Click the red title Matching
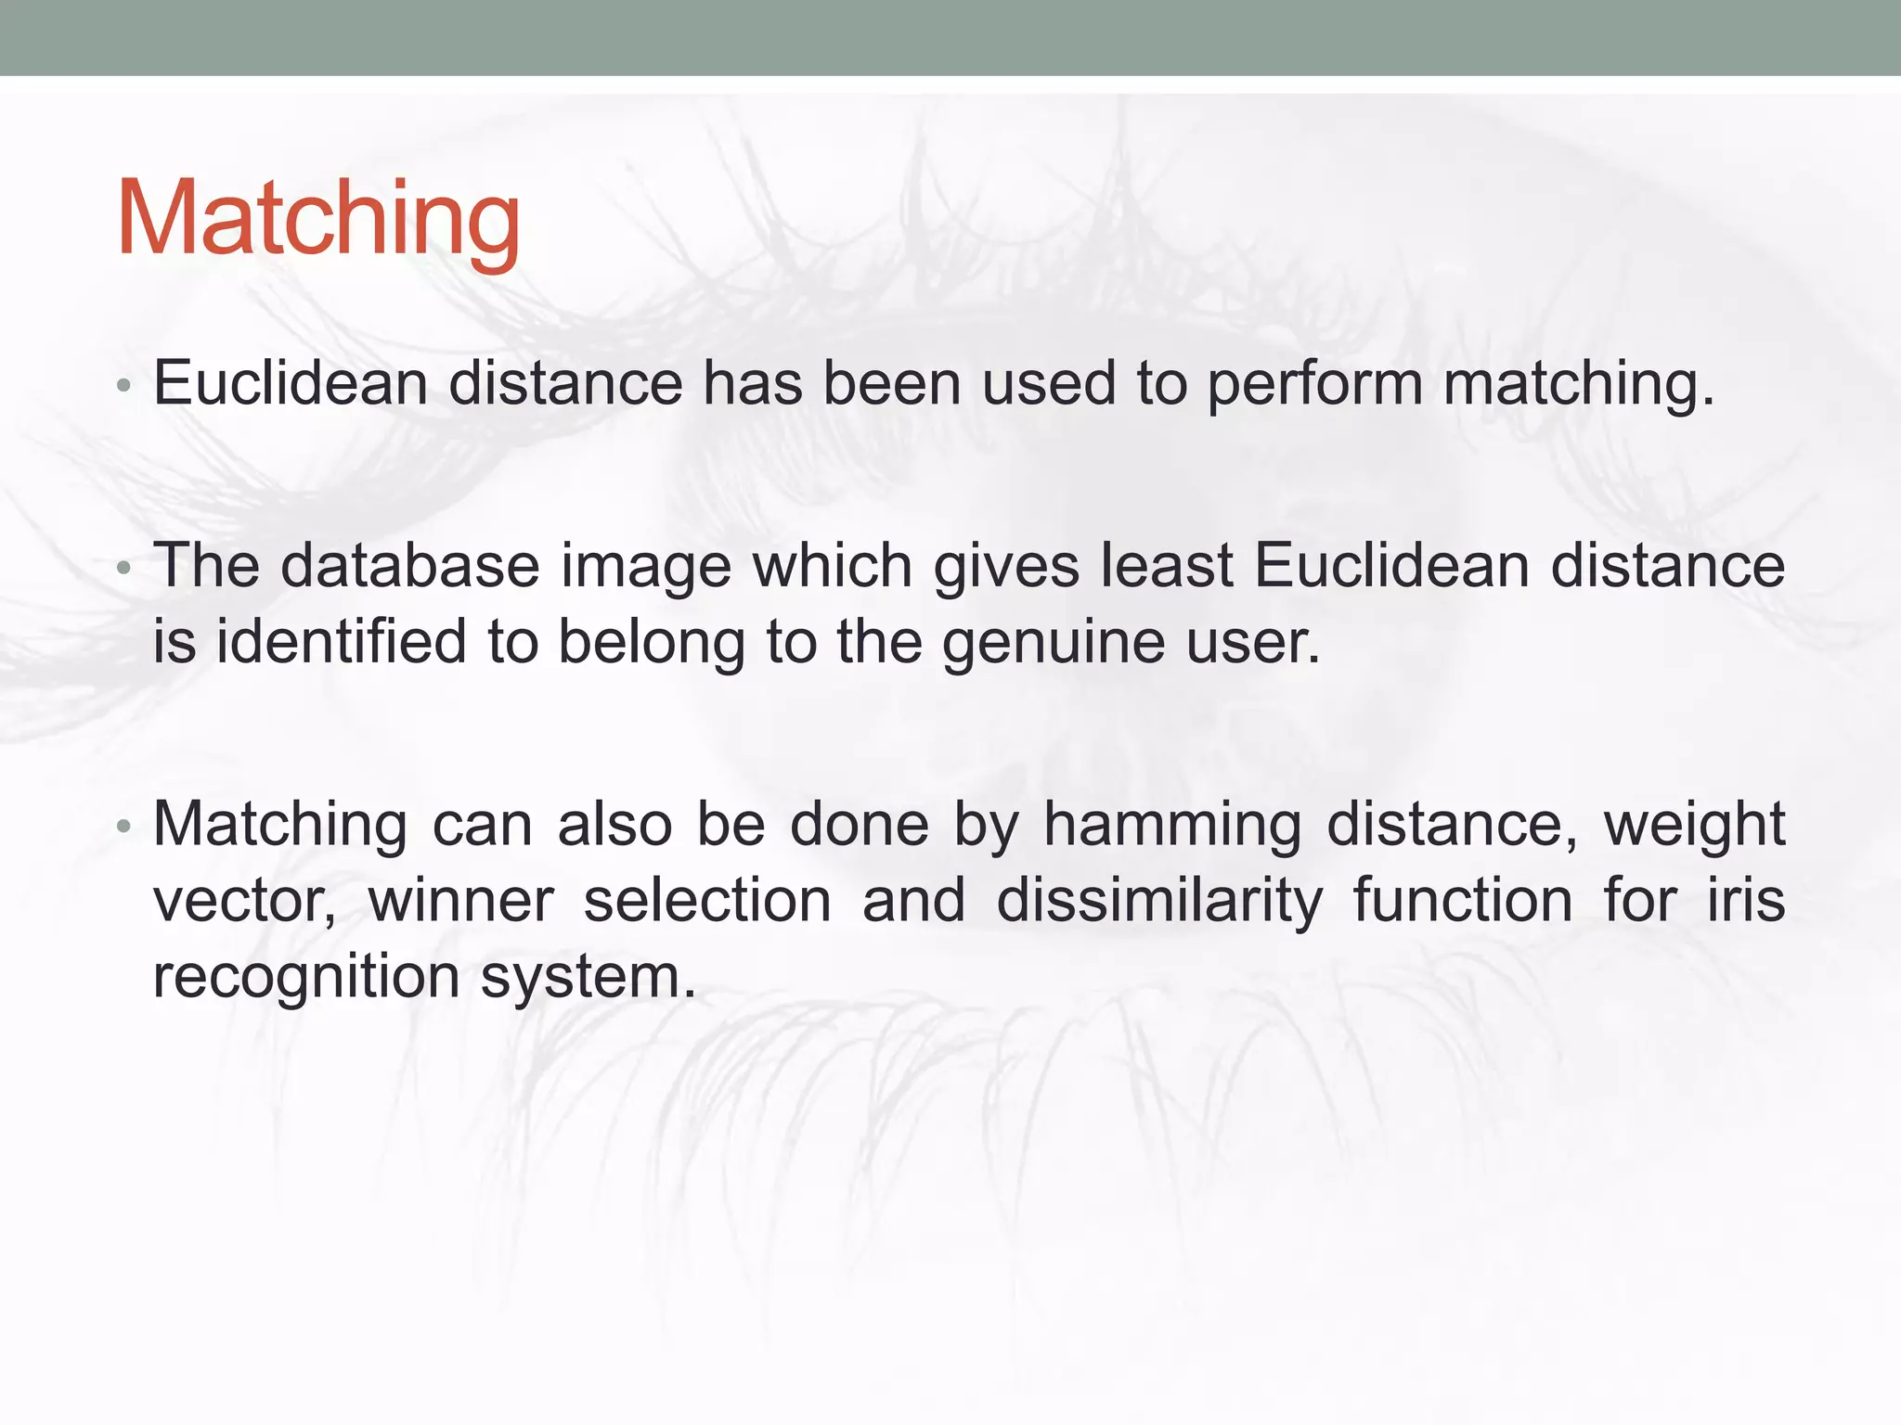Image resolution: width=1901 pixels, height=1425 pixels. coord(317,219)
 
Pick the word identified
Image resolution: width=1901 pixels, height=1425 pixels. coord(341,642)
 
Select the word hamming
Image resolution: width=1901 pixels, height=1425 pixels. coord(1172,826)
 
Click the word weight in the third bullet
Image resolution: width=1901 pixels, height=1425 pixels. coord(1693,826)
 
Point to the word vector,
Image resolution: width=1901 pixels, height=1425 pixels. coord(245,902)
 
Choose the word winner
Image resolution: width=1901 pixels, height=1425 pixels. coord(460,901)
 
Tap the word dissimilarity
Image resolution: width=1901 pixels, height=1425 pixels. coord(1158,902)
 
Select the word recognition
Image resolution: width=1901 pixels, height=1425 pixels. coord(305,978)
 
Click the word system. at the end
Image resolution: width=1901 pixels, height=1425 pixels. coord(588,978)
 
